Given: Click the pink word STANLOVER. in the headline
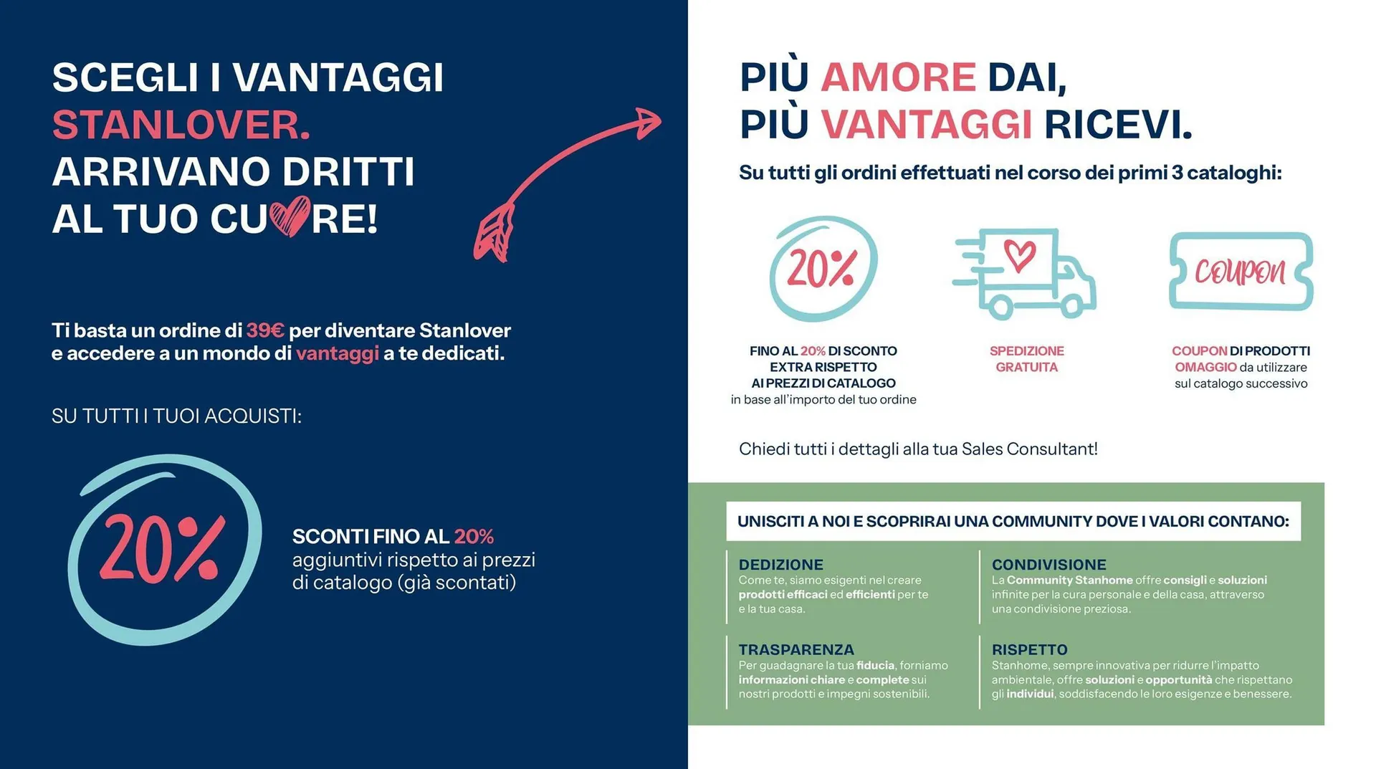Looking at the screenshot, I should coord(181,125).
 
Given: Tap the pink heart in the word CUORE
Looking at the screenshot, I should coord(290,216).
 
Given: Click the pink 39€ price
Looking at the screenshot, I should coord(265,330).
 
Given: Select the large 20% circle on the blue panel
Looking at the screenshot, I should coord(163,549).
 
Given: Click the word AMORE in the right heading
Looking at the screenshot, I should coord(898,77).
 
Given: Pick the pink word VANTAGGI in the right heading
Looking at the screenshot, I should coord(926,125).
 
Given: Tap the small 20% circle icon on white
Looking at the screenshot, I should coord(823,269).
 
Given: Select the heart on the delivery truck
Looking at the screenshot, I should coord(1019,254).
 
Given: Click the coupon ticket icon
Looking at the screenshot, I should coord(1241,271).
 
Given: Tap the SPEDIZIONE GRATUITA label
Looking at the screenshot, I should coord(1026,359).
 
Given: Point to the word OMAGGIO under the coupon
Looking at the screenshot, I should coord(1205,367).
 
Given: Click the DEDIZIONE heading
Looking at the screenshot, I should coord(780,565).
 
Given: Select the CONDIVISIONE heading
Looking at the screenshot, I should coord(1048,565).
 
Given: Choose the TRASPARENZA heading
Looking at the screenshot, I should coord(795,649).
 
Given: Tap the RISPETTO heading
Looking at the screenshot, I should coord(1029,649).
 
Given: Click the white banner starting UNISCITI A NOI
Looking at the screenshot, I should coord(1013,521).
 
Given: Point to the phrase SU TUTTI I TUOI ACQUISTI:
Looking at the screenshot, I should coord(176,416).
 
